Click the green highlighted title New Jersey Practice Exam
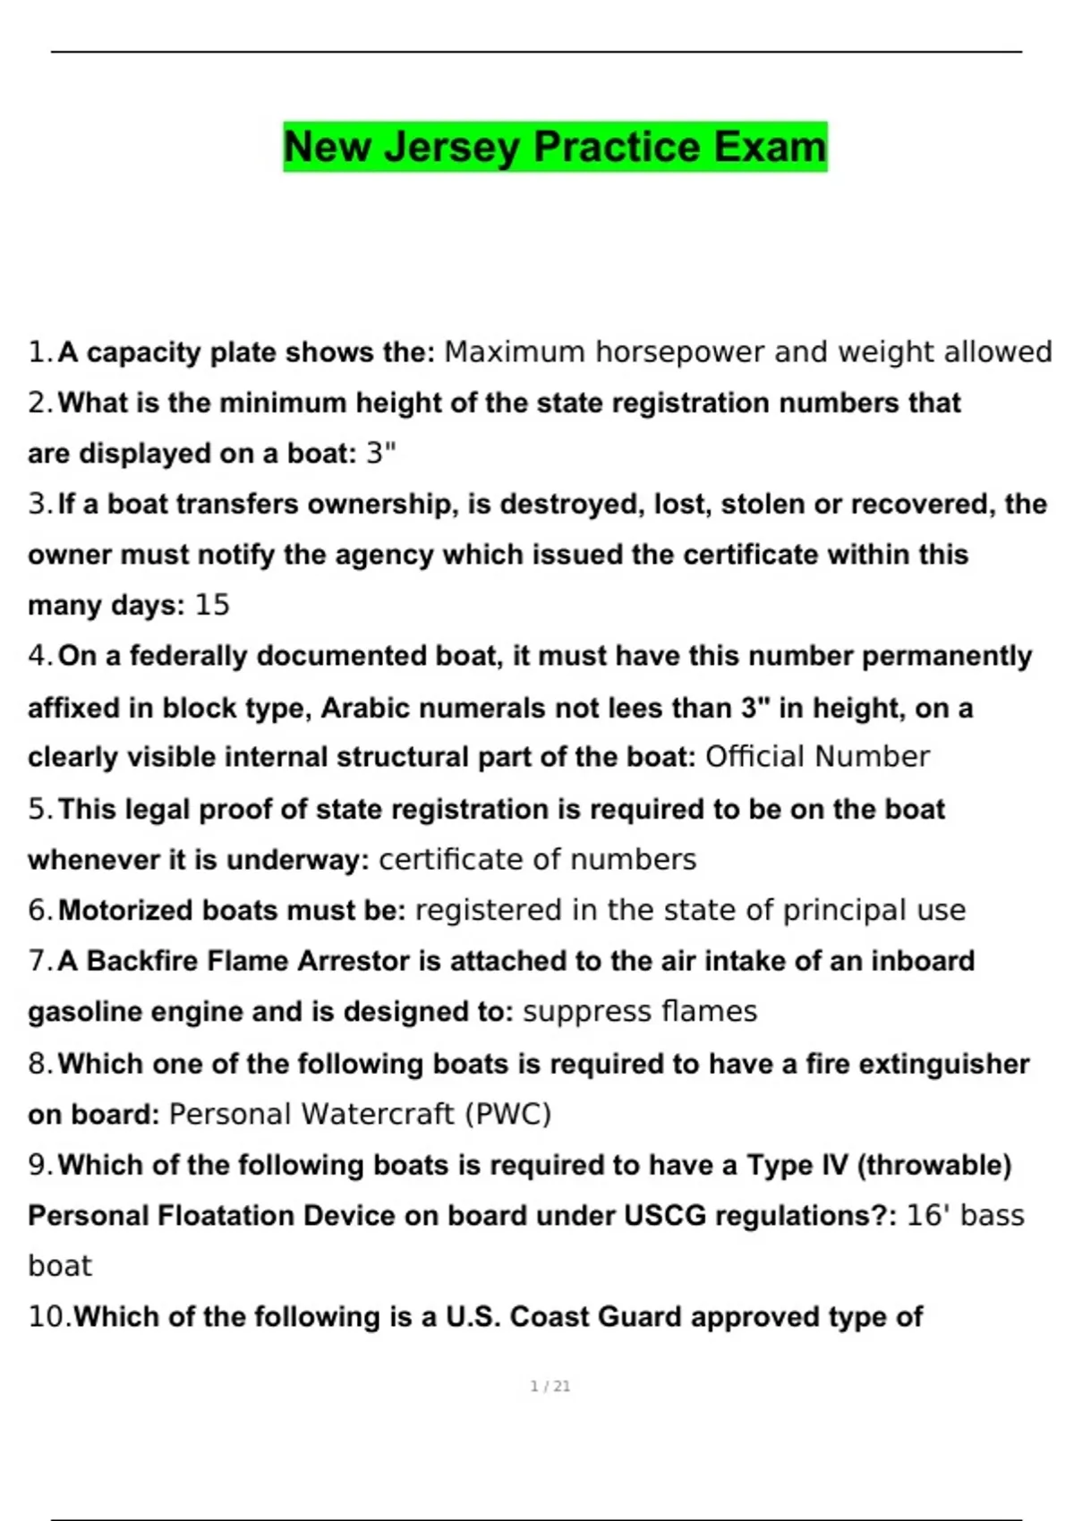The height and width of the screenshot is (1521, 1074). (x=555, y=147)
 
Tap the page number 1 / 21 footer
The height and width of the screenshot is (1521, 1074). (x=550, y=1386)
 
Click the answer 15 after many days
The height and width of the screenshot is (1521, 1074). (x=212, y=606)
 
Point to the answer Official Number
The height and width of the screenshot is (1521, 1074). (x=817, y=757)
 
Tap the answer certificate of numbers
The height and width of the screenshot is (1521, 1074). (x=537, y=860)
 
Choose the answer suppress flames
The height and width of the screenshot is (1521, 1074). (x=640, y=1012)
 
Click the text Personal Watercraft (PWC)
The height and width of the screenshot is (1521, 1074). (x=360, y=1114)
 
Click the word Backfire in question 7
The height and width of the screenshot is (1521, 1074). (x=143, y=961)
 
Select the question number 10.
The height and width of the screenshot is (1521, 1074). (x=49, y=1317)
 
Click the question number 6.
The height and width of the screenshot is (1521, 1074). (x=40, y=911)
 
